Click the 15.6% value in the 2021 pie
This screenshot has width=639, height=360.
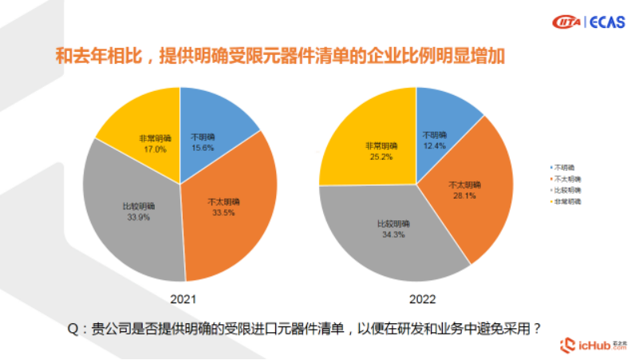point(202,148)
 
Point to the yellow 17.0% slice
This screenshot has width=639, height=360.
point(144,120)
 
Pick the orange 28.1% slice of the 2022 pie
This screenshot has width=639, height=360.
point(471,192)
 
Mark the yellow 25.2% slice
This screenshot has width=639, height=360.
point(367,144)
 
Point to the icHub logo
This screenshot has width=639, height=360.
point(594,344)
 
